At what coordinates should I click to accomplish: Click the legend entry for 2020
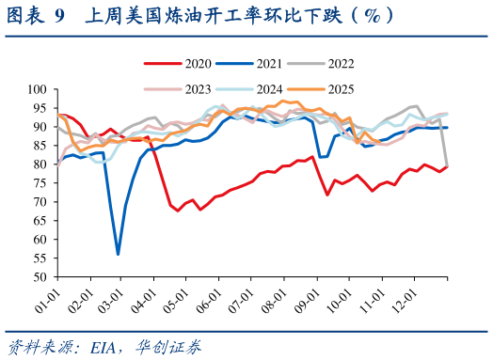pyautogui.click(x=184, y=64)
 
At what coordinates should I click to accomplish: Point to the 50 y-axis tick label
pyautogui.click(x=40, y=278)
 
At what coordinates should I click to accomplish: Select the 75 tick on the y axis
pyautogui.click(x=40, y=183)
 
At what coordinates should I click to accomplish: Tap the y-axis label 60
pyautogui.click(x=40, y=241)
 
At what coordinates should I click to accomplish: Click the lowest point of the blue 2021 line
pyautogui.click(x=118, y=255)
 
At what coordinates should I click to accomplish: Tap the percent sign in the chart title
pyautogui.click(x=372, y=15)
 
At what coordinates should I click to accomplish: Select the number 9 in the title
pyautogui.click(x=60, y=15)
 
